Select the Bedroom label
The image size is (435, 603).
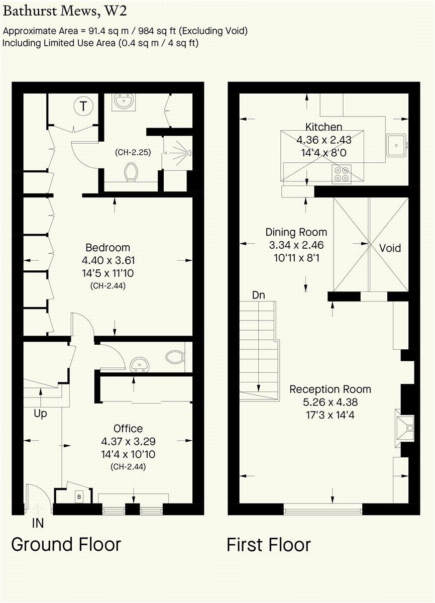point(107,247)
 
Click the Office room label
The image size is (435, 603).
point(128,428)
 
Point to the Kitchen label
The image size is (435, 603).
point(323,127)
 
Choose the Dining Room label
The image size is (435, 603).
point(296,232)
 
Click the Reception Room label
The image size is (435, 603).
point(330,389)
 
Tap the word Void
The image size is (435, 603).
point(390,248)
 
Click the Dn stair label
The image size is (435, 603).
point(258,295)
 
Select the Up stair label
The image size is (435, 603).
point(40,414)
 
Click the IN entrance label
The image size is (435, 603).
point(38,523)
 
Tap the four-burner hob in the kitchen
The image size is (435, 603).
point(342,173)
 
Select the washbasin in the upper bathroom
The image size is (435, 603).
point(122,102)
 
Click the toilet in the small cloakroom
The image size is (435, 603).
point(175,357)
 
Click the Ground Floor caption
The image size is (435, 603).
point(66,545)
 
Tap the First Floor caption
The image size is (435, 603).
point(268,545)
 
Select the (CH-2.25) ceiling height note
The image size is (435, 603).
point(133,152)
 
